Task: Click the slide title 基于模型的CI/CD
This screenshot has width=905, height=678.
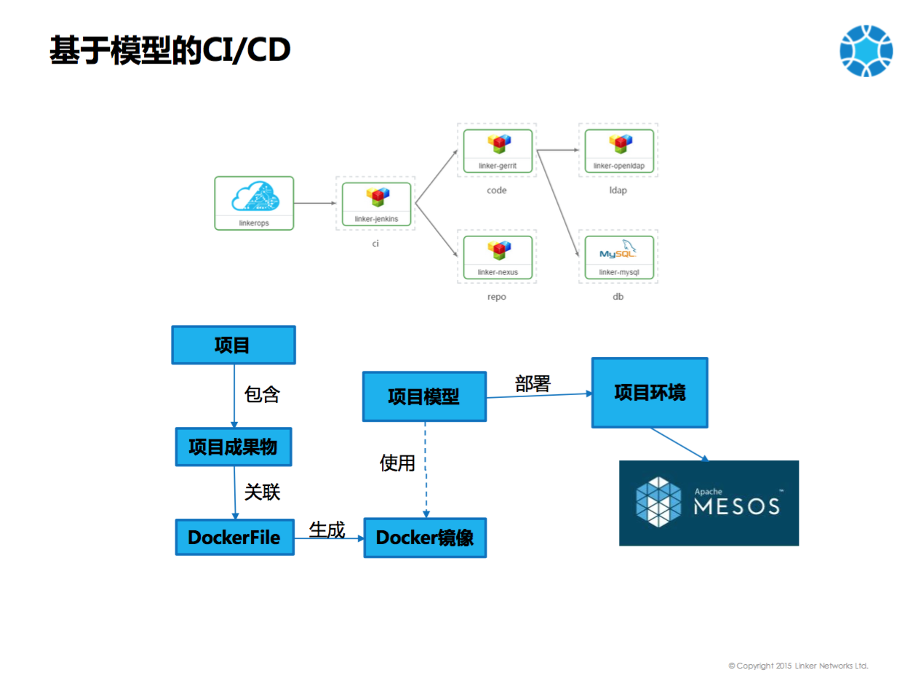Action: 170,50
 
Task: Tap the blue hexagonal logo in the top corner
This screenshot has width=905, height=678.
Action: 866,51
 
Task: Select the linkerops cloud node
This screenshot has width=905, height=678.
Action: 254,203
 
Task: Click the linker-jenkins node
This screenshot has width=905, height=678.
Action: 376,204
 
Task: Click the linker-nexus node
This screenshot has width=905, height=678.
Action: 498,257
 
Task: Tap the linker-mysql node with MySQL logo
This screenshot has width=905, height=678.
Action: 619,257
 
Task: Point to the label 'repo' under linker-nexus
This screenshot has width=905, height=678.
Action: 496,298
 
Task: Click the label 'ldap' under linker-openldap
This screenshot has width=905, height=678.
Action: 618,191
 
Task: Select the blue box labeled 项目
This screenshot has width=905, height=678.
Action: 233,345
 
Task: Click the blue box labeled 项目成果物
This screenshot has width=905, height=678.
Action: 233,447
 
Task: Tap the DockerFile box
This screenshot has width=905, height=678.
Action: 234,538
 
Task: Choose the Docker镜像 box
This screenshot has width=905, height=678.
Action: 425,538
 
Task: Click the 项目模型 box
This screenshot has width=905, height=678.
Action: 424,396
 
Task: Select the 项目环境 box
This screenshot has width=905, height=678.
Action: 649,393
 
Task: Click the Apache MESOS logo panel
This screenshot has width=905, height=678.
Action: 709,503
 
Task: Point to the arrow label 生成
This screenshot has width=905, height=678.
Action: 327,530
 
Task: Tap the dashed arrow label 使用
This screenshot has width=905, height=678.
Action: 397,463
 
